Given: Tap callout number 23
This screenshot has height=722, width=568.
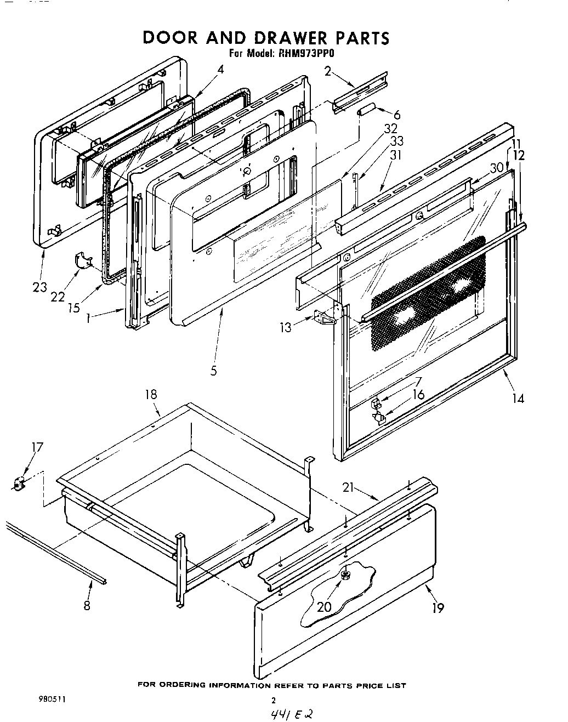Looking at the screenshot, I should click(39, 287).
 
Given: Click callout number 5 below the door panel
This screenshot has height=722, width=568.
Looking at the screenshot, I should click(213, 371).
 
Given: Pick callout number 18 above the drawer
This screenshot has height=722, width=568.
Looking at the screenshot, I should click(151, 394).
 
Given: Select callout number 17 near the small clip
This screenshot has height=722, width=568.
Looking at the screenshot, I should click(36, 447).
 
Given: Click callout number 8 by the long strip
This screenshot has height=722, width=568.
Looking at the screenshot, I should click(87, 605).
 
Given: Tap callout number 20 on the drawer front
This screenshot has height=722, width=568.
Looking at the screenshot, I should click(323, 607).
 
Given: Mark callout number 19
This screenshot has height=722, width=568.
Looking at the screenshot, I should click(438, 607).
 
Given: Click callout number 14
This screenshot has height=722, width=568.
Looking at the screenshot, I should click(518, 398).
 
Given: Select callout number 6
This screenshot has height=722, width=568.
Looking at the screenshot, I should click(397, 115).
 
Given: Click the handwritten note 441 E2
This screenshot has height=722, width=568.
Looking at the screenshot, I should click(291, 714).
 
